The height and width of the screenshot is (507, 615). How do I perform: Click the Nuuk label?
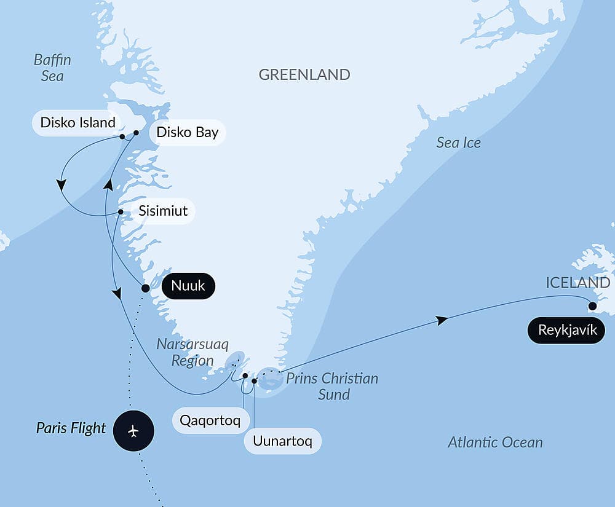188,286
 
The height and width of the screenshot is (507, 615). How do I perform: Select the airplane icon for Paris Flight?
133,431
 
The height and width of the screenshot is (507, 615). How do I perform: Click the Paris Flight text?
71,428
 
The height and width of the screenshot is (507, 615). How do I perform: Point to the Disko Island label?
77,122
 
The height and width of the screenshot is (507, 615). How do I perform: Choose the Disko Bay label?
187,132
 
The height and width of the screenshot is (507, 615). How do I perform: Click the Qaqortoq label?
214,421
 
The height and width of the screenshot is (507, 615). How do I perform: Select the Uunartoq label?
282,441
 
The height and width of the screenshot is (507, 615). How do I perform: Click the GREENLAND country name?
304,75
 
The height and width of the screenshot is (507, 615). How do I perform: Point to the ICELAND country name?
577,283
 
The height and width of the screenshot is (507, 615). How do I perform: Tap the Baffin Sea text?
52,68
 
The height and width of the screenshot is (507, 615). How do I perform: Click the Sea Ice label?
458,143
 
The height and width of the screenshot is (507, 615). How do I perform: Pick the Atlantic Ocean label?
495,442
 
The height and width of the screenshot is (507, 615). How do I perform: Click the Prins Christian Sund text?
332,386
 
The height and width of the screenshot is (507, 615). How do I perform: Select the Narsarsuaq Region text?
192,352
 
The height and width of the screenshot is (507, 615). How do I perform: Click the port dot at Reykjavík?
592,305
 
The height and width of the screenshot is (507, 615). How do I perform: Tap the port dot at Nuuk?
145,288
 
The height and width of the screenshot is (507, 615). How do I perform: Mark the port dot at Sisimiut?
121,213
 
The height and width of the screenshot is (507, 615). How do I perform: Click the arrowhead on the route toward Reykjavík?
440,320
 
